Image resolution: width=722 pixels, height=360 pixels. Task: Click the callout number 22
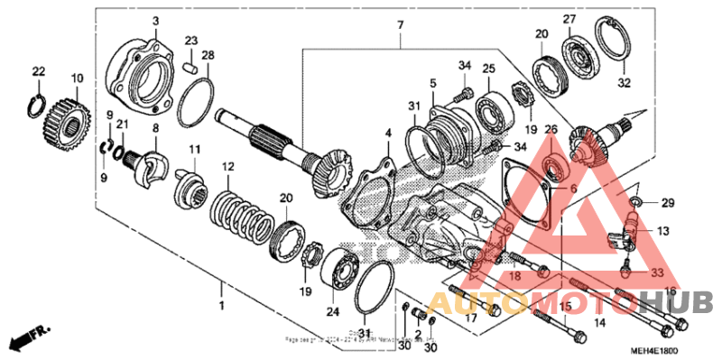[38, 71]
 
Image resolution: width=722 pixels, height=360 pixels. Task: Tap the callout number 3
[154, 21]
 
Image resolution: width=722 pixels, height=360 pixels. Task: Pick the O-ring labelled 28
[195, 103]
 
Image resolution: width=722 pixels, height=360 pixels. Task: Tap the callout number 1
[222, 288]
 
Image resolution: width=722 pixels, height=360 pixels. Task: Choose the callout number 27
[569, 20]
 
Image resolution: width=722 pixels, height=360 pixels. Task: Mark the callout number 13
[663, 231]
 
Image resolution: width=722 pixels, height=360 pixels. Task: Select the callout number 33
[656, 271]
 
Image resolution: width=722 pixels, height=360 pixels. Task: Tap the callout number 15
[566, 309]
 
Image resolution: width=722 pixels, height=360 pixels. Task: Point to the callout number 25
[488, 69]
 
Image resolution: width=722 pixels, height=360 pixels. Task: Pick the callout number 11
[193, 148]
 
